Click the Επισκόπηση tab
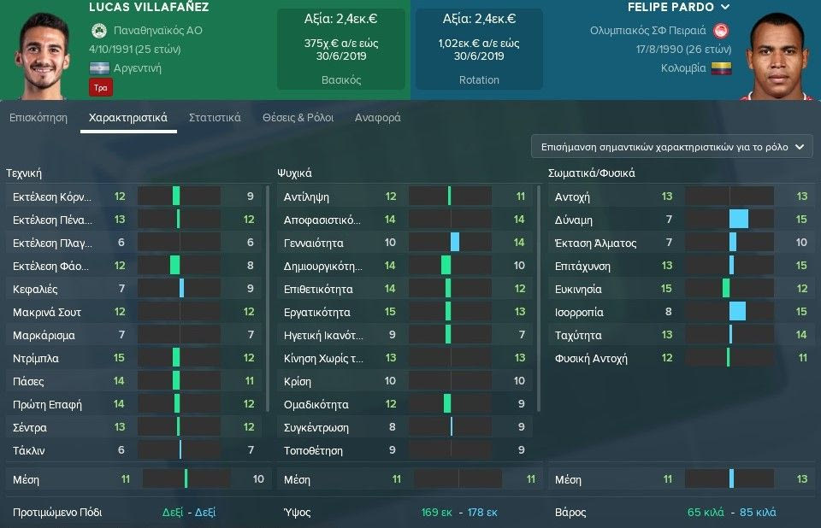pyautogui.click(x=38, y=118)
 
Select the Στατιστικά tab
pyautogui.click(x=215, y=118)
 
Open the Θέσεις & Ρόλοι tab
pyautogui.click(x=298, y=118)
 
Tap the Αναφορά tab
pyautogui.click(x=377, y=118)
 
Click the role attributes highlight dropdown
pyautogui.click(x=671, y=147)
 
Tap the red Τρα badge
pyautogui.click(x=100, y=86)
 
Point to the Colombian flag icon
pyautogui.click(x=723, y=68)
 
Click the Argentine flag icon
pyautogui.click(x=101, y=68)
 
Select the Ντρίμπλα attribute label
pyautogui.click(x=36, y=358)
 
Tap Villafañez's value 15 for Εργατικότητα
pyautogui.click(x=390, y=312)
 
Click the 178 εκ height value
pyautogui.click(x=481, y=513)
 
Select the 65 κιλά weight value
pyautogui.click(x=705, y=513)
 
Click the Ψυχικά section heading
pyautogui.click(x=294, y=173)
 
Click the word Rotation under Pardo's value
pyautogui.click(x=479, y=79)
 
